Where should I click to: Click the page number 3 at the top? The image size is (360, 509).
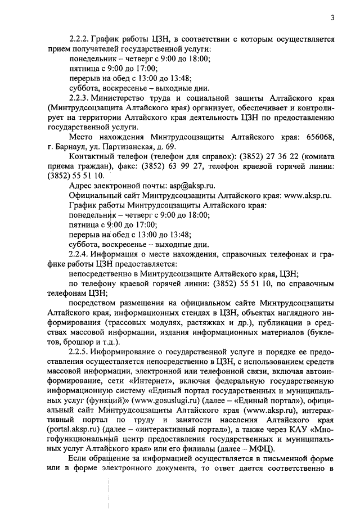pos(332,17)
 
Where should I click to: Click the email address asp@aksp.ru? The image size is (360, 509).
pos(192,185)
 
